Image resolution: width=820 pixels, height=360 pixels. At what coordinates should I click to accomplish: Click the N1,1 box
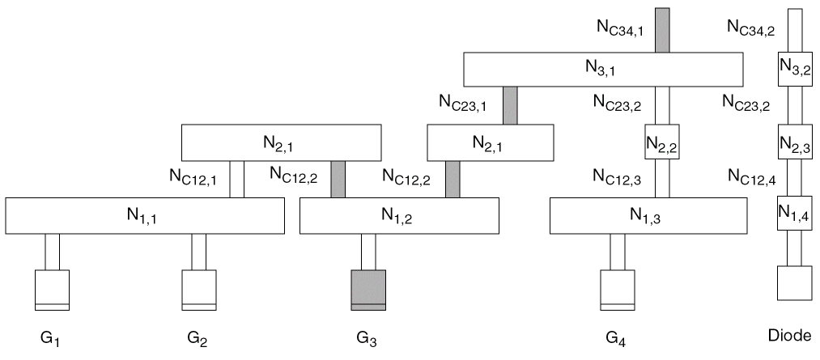(x=145, y=215)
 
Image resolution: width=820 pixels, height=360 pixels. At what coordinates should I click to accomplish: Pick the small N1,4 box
(x=794, y=215)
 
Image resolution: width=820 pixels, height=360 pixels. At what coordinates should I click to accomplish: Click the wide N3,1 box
(x=603, y=69)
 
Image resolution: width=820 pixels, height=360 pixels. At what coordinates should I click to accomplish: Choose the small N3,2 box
(x=794, y=69)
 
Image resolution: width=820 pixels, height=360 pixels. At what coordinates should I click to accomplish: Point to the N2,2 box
(x=661, y=143)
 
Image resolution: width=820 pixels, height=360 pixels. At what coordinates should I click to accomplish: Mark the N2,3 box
(x=794, y=143)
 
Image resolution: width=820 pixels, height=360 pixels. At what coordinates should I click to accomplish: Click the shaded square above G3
(x=368, y=290)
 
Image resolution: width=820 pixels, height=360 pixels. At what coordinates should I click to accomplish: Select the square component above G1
(x=52, y=290)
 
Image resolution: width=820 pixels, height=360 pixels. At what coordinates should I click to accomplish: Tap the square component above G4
(x=617, y=290)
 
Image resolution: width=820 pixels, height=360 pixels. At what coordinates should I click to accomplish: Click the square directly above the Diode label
(x=794, y=284)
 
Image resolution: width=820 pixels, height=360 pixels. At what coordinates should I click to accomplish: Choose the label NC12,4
(x=752, y=175)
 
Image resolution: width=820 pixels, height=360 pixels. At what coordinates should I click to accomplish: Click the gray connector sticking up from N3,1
(x=661, y=30)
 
